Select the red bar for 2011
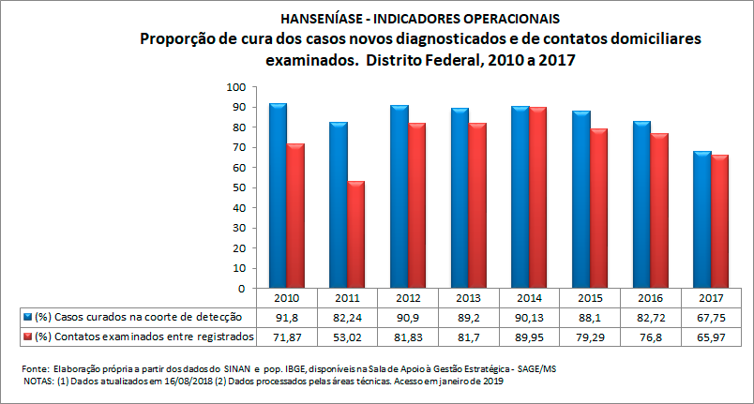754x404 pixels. point(356,234)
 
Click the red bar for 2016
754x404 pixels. point(659,210)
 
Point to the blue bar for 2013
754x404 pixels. point(460,198)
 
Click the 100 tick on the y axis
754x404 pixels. point(235,87)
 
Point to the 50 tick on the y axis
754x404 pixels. point(238,187)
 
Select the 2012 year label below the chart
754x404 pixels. point(408,298)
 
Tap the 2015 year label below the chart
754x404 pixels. point(590,298)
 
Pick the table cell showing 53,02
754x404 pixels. point(347,336)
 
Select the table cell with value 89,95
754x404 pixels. point(529,336)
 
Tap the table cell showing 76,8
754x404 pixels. point(651,336)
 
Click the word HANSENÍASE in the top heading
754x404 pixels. point(318,18)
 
